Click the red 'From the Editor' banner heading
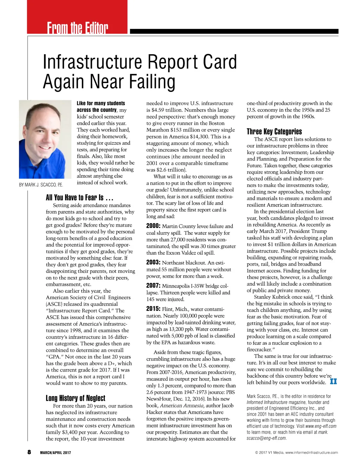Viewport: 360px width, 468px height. coord(78,27)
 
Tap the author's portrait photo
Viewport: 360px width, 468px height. coord(45,139)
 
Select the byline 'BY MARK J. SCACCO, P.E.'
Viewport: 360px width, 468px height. coord(41,185)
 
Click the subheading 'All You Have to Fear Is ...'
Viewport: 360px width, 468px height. coord(79,197)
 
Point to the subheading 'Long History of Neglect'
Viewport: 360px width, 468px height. coord(76,398)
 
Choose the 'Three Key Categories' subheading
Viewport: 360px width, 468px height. coord(274,132)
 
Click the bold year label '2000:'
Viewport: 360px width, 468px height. coord(153,226)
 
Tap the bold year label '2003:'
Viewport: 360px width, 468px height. coord(153,263)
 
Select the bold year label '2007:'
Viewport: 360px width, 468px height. coord(153,286)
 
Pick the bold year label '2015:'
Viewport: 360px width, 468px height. coord(153,309)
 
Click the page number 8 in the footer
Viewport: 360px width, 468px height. coord(29,452)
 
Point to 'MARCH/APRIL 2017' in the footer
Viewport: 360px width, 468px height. coord(55,453)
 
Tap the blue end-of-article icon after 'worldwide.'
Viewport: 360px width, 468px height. coord(333,381)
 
